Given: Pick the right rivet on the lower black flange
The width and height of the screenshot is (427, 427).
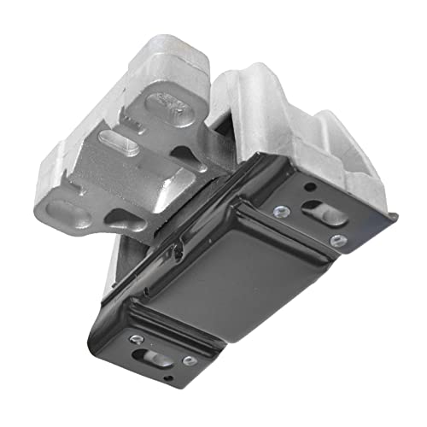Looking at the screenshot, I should pos(189,361).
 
